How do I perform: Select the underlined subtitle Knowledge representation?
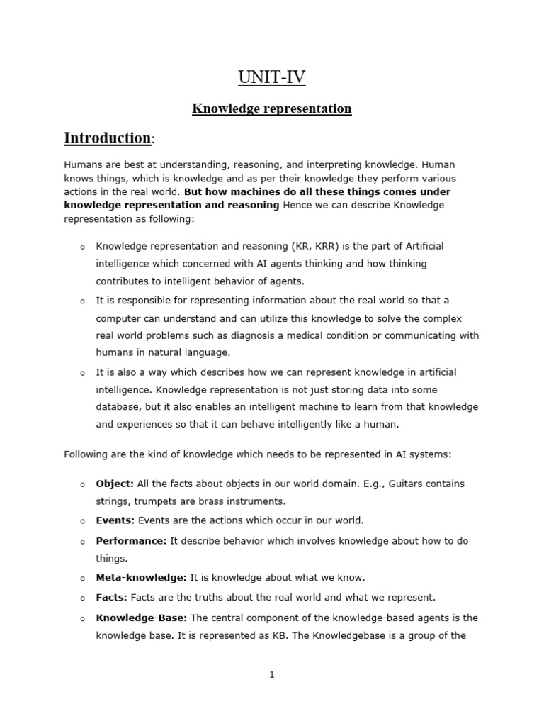point(272,108)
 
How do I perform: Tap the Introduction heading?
point(108,138)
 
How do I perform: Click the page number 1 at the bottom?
point(272,674)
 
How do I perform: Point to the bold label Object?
point(115,484)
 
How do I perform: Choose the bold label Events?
point(115,520)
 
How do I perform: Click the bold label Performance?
point(132,540)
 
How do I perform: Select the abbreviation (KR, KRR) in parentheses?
point(317,246)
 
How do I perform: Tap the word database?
point(118,407)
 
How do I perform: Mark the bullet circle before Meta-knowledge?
point(82,579)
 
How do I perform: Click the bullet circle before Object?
point(82,485)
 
